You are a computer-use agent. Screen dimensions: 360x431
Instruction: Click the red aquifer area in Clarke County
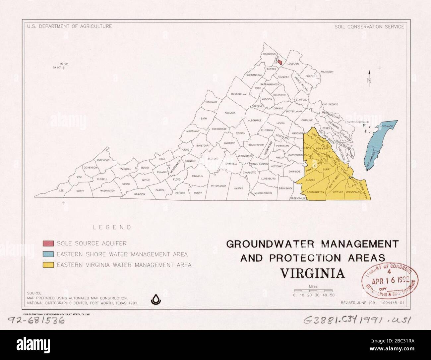280,62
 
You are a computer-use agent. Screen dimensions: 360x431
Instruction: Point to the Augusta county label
230,113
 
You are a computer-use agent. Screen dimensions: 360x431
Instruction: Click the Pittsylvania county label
218,186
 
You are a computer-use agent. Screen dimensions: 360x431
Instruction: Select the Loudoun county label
293,64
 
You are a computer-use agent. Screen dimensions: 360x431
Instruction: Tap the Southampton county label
315,192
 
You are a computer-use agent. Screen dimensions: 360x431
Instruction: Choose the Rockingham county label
239,94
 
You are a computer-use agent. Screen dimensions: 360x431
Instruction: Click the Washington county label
107,191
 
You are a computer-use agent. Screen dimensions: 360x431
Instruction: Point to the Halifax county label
238,188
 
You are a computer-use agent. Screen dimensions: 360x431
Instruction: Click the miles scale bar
313,290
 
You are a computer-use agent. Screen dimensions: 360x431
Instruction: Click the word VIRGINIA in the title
313,274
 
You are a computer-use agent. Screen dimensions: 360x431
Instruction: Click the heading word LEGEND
112,228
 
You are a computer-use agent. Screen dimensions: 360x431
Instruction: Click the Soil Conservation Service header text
369,26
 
